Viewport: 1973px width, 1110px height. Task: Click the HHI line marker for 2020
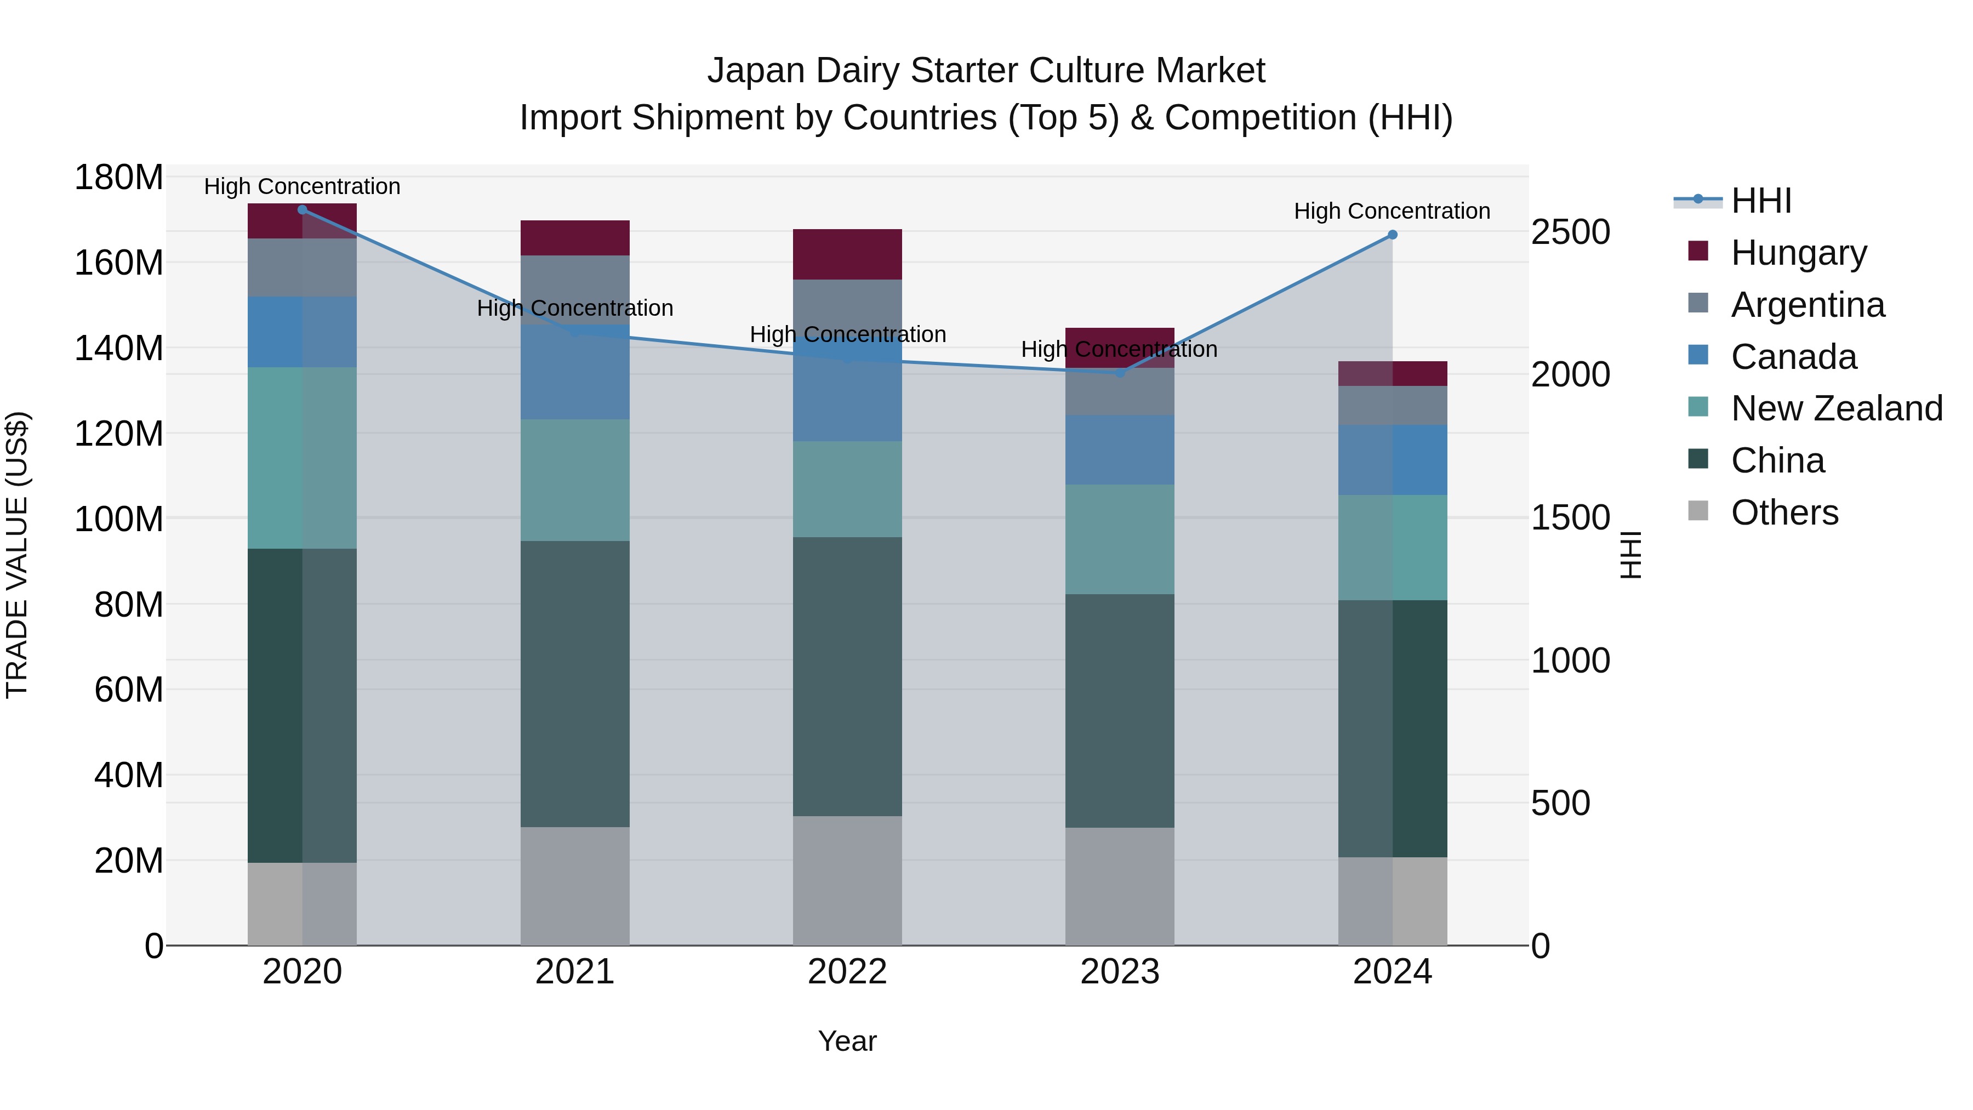(302, 209)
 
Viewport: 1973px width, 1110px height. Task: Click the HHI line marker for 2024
(1393, 235)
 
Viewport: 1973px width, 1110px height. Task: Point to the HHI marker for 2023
(1120, 372)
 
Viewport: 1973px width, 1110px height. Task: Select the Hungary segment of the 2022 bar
(847, 254)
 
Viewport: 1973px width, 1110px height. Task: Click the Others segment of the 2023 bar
(1120, 886)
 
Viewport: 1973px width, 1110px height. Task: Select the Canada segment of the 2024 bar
(1393, 460)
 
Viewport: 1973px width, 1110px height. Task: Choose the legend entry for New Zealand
(1836, 408)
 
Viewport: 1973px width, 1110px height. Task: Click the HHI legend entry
(1760, 201)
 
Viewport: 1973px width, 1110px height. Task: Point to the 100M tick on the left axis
(119, 519)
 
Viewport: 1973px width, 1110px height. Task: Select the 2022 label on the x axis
(847, 972)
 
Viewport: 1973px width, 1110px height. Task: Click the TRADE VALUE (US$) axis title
(18, 555)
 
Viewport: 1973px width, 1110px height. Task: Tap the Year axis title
(847, 1041)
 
